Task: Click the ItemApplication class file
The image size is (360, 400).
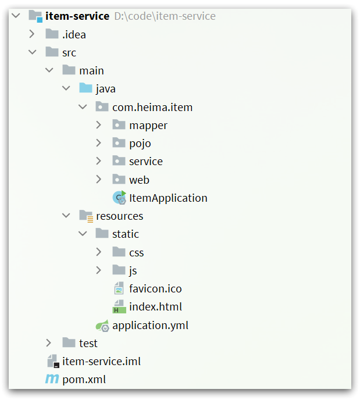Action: point(168,198)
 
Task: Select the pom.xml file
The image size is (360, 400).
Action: point(84,380)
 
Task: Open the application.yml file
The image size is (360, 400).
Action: point(150,325)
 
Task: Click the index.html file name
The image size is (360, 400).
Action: point(155,306)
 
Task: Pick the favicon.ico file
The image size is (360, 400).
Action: point(155,288)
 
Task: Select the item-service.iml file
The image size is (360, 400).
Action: point(101,361)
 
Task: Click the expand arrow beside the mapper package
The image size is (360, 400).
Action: point(99,125)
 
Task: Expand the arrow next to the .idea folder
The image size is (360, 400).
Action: point(32,34)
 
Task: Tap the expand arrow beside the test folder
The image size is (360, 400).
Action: point(49,343)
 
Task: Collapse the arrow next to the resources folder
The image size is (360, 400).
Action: point(66,216)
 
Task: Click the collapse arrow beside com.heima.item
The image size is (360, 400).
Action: point(83,107)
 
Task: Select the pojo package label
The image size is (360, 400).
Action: point(140,143)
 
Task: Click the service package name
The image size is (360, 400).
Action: point(146,161)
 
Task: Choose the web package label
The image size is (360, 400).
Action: point(139,180)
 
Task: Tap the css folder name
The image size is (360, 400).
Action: point(137,252)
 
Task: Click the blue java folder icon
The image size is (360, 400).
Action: point(85,88)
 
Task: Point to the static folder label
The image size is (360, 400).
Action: point(126,234)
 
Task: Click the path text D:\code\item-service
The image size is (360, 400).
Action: point(165,16)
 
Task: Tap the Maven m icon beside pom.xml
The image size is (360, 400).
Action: point(52,380)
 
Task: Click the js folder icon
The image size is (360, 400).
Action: point(119,270)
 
